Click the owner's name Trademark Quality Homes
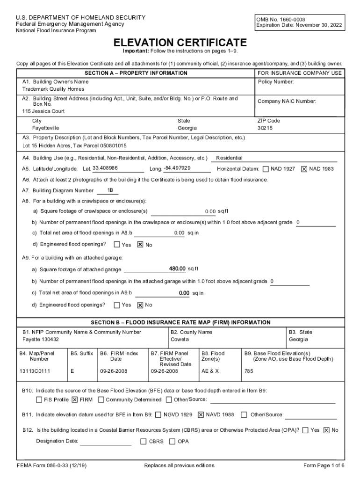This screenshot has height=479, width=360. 53,89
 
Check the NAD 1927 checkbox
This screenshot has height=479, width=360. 266,169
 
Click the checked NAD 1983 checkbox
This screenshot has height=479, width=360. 304,169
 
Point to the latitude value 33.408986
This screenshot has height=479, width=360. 105,168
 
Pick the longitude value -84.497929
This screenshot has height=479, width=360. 177,168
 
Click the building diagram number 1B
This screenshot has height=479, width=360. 110,190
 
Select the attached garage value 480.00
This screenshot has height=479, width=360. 177,269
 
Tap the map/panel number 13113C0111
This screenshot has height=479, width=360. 35,371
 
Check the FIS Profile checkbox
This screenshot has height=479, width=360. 39,400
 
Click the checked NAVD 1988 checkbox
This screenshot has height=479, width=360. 201,414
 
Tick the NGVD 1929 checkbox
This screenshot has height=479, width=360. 158,414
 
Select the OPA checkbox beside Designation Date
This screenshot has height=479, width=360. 173,441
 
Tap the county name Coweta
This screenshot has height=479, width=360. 180,340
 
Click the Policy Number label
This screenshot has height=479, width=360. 276,82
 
